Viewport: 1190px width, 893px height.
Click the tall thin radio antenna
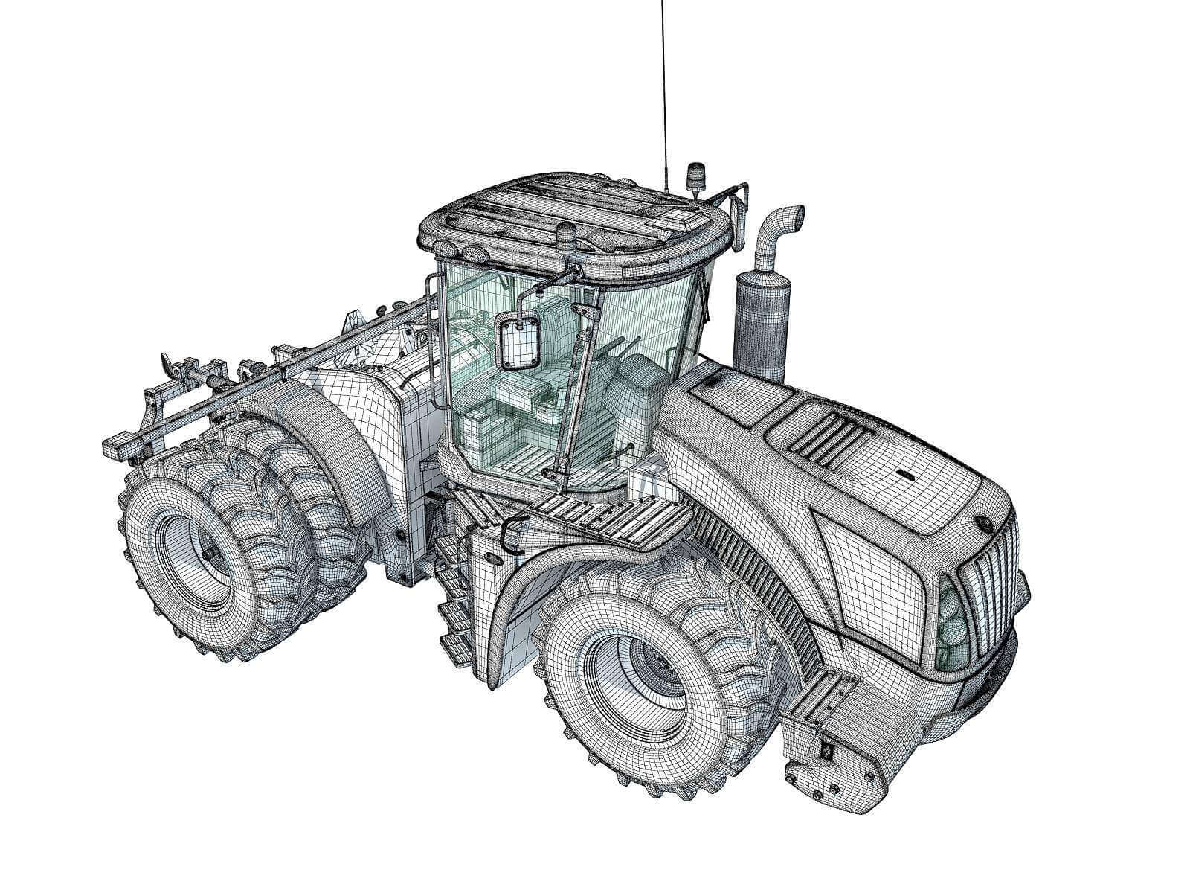662,89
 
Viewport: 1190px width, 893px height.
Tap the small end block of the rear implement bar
119,446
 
